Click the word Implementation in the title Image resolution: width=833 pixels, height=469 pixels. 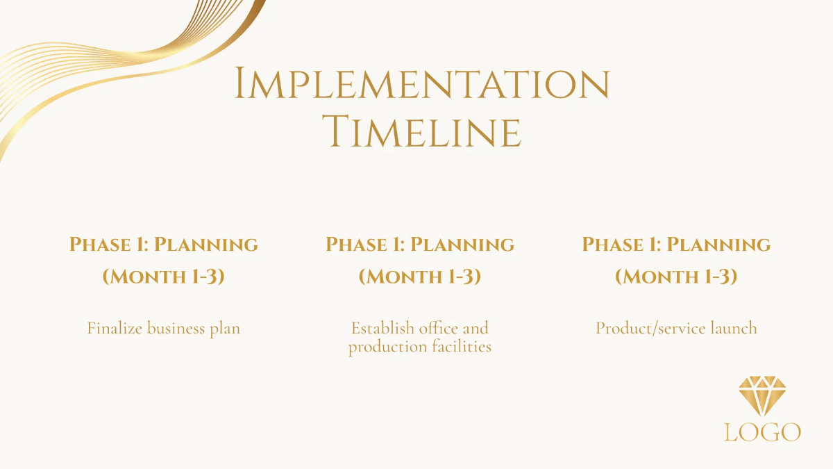[421, 84]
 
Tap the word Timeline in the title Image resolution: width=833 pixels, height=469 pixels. [424, 132]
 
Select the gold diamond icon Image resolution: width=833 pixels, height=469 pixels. [763, 396]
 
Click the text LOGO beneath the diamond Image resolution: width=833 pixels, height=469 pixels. [762, 432]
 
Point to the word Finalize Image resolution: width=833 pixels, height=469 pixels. [115, 328]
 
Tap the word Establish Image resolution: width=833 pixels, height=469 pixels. [382, 327]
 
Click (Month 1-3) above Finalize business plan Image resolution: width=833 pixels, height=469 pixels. [164, 277]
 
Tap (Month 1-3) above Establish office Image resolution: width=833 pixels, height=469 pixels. [420, 277]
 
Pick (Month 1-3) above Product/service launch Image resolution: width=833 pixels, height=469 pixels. [676, 277]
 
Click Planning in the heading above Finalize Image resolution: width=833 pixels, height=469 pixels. [206, 245]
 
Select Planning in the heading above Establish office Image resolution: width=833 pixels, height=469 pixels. [462, 245]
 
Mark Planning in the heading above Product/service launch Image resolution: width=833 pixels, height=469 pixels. [718, 245]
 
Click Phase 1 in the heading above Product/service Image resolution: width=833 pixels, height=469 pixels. [620, 245]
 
